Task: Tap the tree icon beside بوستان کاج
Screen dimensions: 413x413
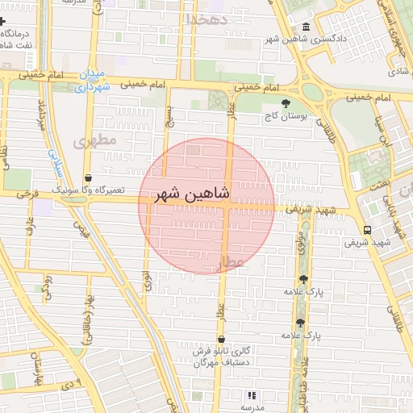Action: point(285,103)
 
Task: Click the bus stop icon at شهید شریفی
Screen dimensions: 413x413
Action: point(368,229)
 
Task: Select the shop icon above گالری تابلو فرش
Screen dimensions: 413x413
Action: point(221,339)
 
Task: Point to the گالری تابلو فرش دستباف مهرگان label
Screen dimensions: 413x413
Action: point(221,357)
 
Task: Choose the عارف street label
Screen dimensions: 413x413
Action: point(30,230)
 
